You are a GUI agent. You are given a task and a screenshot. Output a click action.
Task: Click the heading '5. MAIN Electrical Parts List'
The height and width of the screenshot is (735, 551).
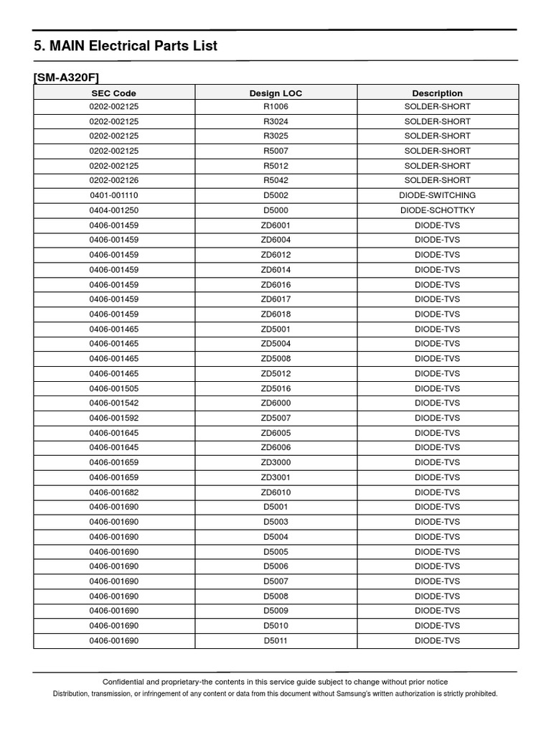click(x=126, y=46)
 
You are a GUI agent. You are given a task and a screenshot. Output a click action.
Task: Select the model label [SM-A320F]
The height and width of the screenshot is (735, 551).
click(x=71, y=78)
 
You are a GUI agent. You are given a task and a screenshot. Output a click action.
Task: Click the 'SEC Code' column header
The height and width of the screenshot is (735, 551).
click(x=113, y=93)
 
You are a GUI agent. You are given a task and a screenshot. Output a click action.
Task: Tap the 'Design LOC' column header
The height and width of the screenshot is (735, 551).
click(x=275, y=93)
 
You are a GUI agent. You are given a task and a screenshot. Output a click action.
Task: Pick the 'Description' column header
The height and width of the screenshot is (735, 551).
click(x=437, y=93)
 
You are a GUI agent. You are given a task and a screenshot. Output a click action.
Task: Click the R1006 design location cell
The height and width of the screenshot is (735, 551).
click(x=275, y=106)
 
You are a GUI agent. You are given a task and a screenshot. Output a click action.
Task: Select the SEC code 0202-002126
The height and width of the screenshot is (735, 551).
click(x=113, y=180)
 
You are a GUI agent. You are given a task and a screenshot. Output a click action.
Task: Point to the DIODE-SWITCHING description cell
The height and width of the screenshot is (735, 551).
click(x=437, y=195)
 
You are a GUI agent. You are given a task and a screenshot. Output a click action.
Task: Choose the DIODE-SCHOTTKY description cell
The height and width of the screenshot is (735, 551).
click(x=437, y=210)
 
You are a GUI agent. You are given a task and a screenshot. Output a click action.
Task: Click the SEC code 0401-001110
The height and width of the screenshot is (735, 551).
click(x=113, y=195)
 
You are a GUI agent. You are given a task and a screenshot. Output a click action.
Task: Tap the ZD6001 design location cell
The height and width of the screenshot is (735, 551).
click(x=275, y=225)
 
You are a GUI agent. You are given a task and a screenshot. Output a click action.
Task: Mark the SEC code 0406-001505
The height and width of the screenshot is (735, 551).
click(x=113, y=388)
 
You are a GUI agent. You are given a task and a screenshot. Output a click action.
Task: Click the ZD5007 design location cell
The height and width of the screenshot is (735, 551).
click(x=275, y=418)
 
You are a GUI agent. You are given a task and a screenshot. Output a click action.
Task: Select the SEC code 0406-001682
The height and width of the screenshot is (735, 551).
click(x=113, y=492)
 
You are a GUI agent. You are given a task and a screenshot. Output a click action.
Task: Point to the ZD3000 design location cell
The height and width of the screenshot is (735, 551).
click(x=275, y=462)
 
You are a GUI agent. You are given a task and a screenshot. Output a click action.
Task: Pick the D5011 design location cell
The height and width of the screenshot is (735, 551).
click(x=275, y=640)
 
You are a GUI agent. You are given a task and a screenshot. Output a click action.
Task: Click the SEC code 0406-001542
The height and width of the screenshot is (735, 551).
click(x=113, y=403)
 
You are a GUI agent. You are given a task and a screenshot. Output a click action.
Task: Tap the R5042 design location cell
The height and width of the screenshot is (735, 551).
click(x=275, y=180)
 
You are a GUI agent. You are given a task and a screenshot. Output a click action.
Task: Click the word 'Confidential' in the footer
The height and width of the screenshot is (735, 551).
click(x=127, y=682)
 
